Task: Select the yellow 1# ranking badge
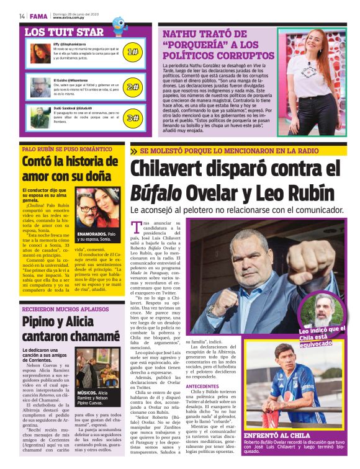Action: [x=132, y=53]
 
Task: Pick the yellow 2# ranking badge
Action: [x=132, y=86]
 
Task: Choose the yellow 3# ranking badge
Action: [x=132, y=117]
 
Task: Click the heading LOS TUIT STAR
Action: [x=64, y=32]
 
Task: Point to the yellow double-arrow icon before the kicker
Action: [x=134, y=151]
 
